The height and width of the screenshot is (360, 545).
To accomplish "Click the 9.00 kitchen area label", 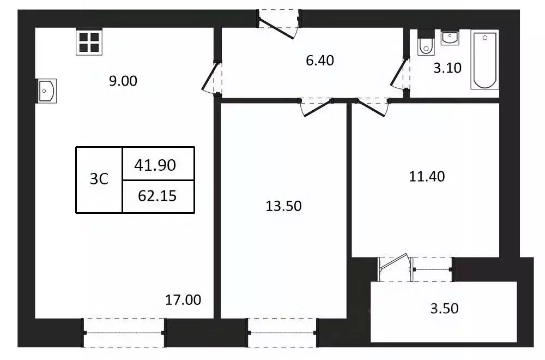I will [123, 81].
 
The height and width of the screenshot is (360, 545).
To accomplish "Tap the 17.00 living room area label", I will [183, 299].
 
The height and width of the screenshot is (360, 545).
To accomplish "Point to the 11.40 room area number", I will [427, 176].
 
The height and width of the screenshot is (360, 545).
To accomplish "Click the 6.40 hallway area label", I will [320, 60].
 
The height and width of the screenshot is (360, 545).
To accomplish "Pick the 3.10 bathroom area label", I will [448, 68].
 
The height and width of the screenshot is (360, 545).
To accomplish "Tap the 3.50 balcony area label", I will [444, 309].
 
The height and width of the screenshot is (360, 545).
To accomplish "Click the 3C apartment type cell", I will [99, 179].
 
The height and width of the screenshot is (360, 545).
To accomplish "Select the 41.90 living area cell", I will [158, 164].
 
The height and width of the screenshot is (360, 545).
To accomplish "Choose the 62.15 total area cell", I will [158, 195].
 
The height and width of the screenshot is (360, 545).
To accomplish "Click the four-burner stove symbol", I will [88, 42].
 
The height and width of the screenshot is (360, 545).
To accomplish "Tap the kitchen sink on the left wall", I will [46, 91].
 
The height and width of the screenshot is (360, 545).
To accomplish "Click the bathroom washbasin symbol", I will [450, 38].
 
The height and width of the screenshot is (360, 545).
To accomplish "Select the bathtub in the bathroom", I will [485, 60].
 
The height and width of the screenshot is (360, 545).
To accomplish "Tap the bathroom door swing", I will [401, 75].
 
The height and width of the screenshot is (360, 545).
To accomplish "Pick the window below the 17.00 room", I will [124, 333].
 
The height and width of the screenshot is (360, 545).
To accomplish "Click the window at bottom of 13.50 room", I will [283, 332].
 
